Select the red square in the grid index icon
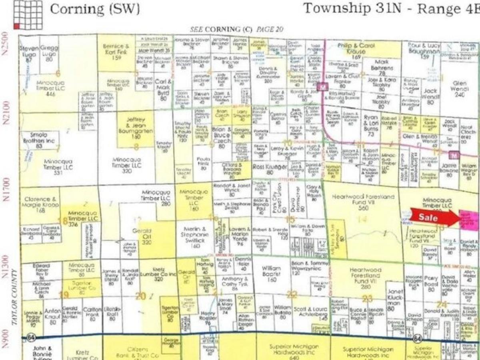click(x=16, y=26)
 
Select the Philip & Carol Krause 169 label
click(x=356, y=51)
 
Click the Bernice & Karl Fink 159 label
click(x=116, y=52)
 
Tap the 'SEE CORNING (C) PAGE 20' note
click(x=237, y=29)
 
